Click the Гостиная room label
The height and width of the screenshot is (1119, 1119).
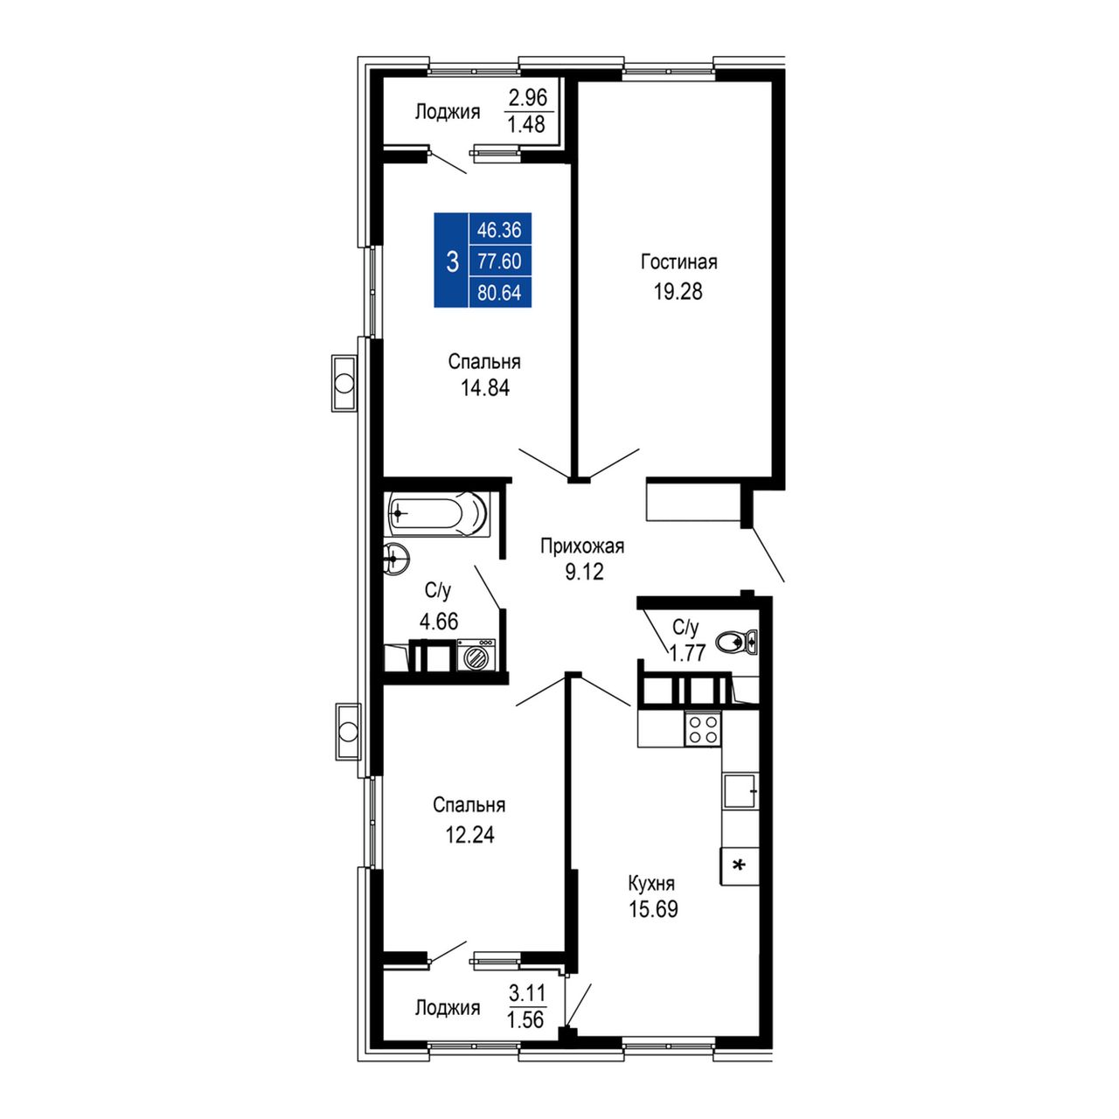click(679, 262)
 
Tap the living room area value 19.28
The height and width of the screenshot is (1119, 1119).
click(678, 292)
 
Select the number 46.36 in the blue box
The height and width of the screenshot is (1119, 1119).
click(499, 230)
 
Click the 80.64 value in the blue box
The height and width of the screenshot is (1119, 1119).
click(499, 293)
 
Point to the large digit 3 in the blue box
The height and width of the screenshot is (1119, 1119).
click(452, 262)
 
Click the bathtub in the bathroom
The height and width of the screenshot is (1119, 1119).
click(438, 514)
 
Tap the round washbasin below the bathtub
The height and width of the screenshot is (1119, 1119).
click(396, 559)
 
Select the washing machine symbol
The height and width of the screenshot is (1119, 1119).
click(476, 655)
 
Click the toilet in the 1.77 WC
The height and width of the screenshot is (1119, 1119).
click(736, 643)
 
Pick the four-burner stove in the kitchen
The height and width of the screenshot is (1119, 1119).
click(703, 729)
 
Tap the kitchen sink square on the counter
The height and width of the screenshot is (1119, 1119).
click(741, 790)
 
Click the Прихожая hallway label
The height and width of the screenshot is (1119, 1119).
click(582, 546)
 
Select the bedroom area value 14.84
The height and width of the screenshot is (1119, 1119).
click(485, 388)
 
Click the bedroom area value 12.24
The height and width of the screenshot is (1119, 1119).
click(469, 835)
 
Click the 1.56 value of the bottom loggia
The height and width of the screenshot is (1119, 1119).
click(526, 1035)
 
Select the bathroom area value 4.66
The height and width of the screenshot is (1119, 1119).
click(439, 622)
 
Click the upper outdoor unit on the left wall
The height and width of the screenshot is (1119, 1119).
click(344, 383)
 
